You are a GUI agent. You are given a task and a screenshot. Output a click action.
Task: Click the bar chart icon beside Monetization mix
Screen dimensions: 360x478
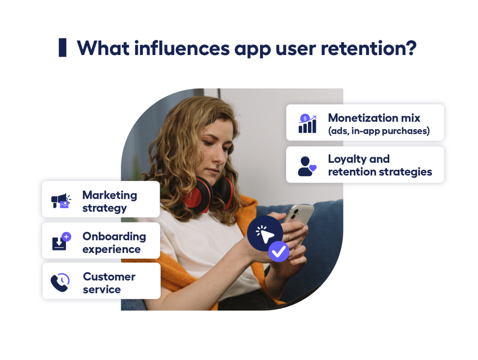tap(307, 124)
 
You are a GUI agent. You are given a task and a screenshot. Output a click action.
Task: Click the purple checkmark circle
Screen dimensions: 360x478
tap(279, 252)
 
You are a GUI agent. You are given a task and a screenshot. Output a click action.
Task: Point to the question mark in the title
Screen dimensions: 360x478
tap(409, 48)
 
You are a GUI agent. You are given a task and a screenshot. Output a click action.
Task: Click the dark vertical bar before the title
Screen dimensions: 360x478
tap(63, 48)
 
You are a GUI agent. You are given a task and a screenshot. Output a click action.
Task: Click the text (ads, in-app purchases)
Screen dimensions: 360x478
tap(379, 131)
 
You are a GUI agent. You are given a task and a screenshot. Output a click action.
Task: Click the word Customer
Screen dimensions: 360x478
tap(109, 277)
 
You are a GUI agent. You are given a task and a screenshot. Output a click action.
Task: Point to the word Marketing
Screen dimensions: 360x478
tap(110, 195)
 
